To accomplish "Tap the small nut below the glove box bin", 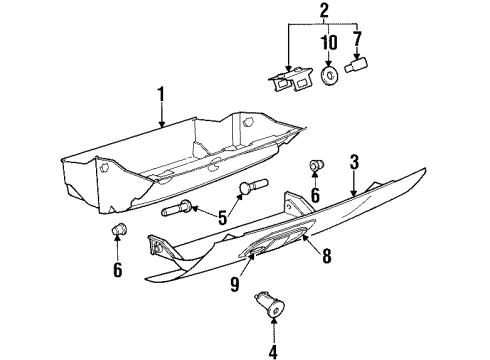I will tap(120, 234).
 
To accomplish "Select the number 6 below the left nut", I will tap(117, 271).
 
